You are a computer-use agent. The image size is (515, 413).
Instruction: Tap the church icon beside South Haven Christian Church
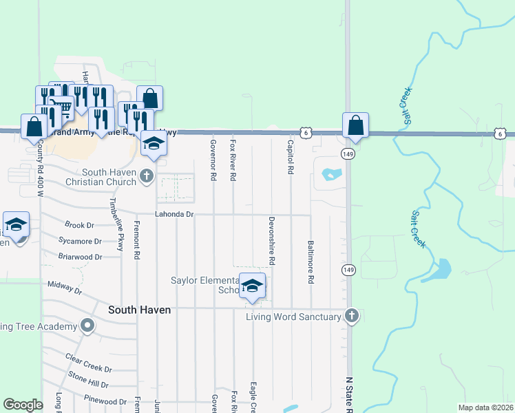click(x=146, y=177)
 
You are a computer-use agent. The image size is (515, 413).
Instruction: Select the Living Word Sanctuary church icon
click(x=351, y=316)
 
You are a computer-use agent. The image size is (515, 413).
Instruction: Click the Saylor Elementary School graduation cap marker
click(x=253, y=285)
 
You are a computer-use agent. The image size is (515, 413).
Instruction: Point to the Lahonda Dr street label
click(x=175, y=215)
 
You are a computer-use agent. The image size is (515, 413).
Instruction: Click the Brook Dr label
click(x=79, y=225)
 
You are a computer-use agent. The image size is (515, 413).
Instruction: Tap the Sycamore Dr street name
click(x=80, y=242)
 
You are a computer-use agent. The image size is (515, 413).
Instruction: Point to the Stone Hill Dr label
click(x=88, y=379)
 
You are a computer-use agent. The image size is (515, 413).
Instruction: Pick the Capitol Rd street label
click(x=291, y=156)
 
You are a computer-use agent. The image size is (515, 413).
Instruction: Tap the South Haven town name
click(x=139, y=310)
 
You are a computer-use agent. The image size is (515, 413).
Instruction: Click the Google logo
click(x=23, y=405)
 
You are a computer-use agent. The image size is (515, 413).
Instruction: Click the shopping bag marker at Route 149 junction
click(x=355, y=126)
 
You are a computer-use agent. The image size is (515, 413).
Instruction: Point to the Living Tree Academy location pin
click(x=87, y=326)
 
